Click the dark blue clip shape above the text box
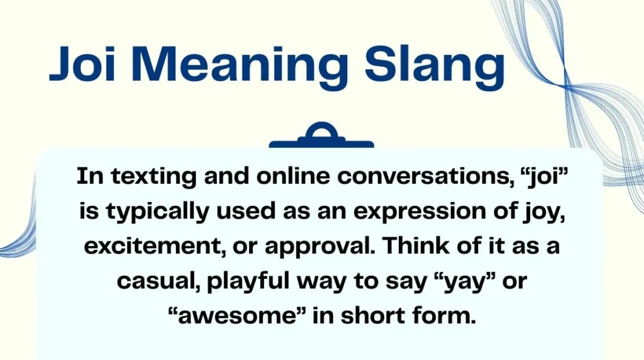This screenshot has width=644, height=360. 321,136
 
